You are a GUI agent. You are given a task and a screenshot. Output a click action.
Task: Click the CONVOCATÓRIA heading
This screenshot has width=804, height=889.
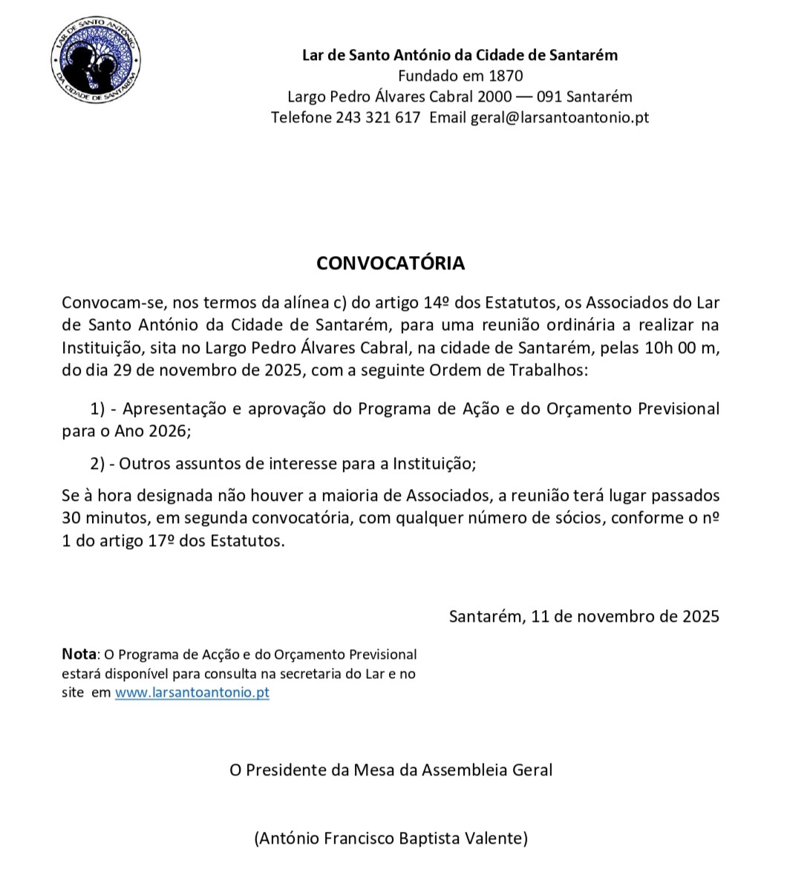[390, 263]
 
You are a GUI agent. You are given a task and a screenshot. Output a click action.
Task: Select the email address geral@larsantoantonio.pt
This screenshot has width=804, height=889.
[560, 117]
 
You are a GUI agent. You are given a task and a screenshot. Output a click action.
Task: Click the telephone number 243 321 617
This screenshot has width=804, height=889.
[378, 117]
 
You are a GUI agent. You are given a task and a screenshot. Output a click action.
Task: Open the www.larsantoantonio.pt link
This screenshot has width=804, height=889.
[192, 693]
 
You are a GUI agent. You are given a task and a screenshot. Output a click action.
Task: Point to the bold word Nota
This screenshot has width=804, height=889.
[79, 655]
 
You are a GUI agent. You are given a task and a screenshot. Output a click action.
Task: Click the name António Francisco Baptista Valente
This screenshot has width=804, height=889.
[390, 839]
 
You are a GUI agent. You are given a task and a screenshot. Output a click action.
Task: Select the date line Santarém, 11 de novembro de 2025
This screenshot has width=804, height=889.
[584, 616]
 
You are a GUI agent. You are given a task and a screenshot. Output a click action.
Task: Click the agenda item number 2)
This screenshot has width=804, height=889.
[98, 464]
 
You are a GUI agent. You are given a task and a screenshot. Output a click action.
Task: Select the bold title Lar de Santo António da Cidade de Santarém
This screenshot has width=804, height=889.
[460, 55]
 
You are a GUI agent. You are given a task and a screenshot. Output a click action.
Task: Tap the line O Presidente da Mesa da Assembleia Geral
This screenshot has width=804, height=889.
[390, 770]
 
